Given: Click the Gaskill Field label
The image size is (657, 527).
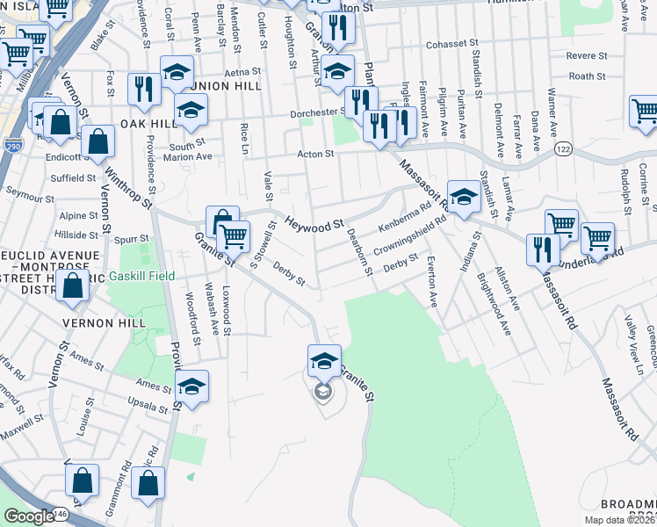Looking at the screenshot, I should (x=142, y=276).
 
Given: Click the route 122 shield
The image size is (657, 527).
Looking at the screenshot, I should (x=564, y=152).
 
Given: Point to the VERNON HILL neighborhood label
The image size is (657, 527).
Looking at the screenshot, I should (x=98, y=323).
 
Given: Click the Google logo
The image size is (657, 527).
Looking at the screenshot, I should (x=30, y=516).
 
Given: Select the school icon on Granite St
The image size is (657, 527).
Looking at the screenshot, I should (x=323, y=360).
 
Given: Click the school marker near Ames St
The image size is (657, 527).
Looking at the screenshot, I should (x=191, y=386).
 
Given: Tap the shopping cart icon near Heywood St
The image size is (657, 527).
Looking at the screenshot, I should (x=233, y=236).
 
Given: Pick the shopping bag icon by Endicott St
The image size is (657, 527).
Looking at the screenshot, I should (x=97, y=140).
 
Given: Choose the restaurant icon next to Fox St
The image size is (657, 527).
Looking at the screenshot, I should (x=141, y=88).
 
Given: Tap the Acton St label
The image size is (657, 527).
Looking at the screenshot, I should (x=317, y=154).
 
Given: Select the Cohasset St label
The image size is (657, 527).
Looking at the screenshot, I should (x=451, y=42).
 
